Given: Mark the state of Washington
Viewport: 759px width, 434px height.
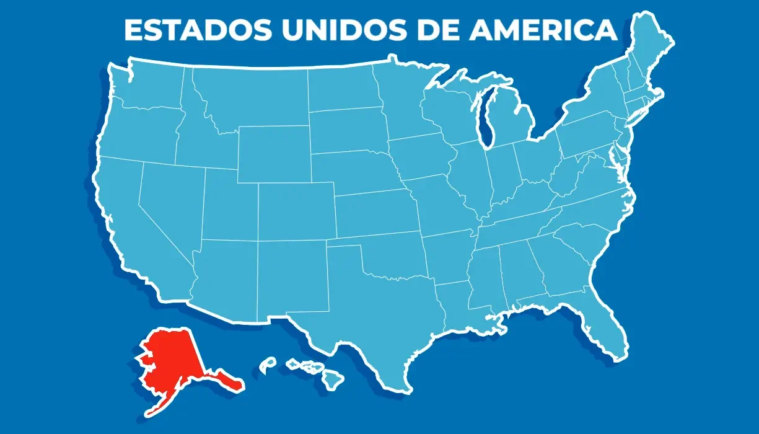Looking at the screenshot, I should pyautogui.click(x=149, y=87).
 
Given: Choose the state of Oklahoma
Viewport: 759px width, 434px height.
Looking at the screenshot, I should pyautogui.click(x=390, y=254).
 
